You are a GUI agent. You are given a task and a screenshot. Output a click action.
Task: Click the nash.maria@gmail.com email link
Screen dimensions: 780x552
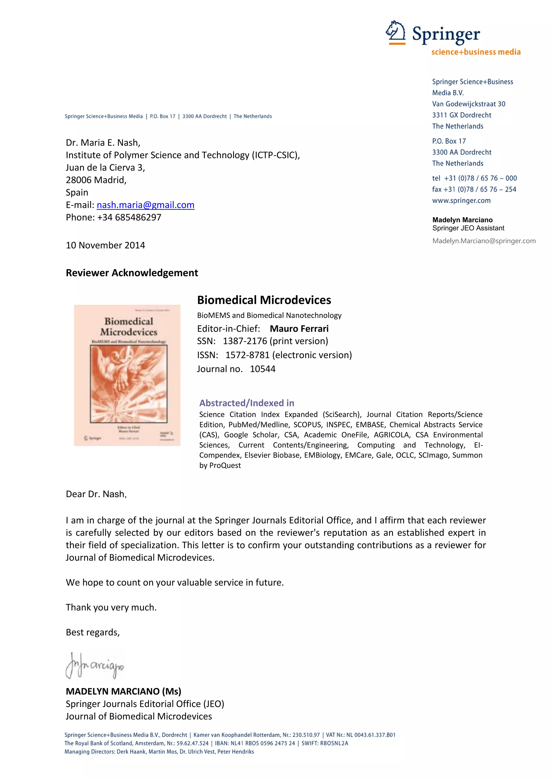146,205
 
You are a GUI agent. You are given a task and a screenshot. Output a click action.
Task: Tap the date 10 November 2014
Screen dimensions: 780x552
105,245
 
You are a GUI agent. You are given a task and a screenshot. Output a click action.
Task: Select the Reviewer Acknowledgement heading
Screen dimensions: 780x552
132,273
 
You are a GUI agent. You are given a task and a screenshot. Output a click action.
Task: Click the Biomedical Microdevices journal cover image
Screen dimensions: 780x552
127,375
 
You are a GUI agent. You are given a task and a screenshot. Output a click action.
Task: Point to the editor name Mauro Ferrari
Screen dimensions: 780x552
299,329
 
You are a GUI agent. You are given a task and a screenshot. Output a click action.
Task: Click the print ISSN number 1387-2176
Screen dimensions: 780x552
245,341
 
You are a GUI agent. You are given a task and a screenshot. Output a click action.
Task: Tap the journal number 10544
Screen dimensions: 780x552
263,369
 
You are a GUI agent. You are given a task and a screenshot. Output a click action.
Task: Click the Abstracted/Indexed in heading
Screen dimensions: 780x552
247,403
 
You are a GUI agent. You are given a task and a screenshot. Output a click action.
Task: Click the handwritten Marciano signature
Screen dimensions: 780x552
95,666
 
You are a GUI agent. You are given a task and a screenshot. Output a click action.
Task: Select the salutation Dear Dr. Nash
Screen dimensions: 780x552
96,494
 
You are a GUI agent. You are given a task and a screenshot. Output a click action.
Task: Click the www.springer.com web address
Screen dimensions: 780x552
461,200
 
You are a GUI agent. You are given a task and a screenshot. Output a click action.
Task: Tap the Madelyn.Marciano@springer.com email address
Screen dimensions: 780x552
484,241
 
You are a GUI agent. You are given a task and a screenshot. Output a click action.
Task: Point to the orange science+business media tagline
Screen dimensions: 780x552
476,52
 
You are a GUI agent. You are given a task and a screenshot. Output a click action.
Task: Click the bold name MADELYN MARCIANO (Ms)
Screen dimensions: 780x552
123,691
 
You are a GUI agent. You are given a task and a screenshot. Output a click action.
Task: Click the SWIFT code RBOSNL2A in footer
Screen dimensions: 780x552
334,743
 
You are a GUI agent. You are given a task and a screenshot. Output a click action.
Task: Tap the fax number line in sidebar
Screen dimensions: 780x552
474,189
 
